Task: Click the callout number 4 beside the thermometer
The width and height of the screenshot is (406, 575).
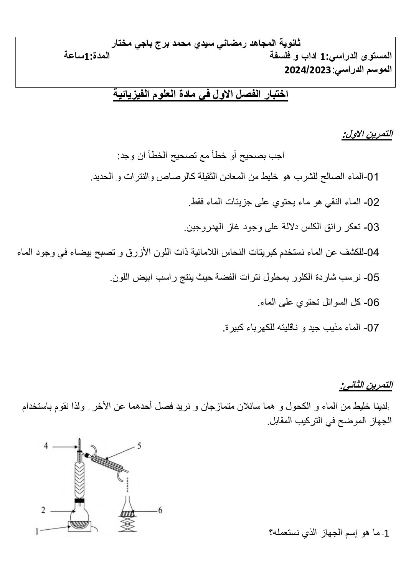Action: click(x=46, y=446)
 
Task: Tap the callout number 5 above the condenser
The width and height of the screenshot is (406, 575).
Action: click(x=139, y=446)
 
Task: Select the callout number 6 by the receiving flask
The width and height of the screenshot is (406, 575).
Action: click(x=160, y=510)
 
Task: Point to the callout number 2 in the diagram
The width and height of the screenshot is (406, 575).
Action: click(x=44, y=510)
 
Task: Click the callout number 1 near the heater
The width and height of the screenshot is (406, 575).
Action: click(x=37, y=532)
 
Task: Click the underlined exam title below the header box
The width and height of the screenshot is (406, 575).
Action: click(x=200, y=94)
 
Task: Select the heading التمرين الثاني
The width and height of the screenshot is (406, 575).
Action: click(x=366, y=386)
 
